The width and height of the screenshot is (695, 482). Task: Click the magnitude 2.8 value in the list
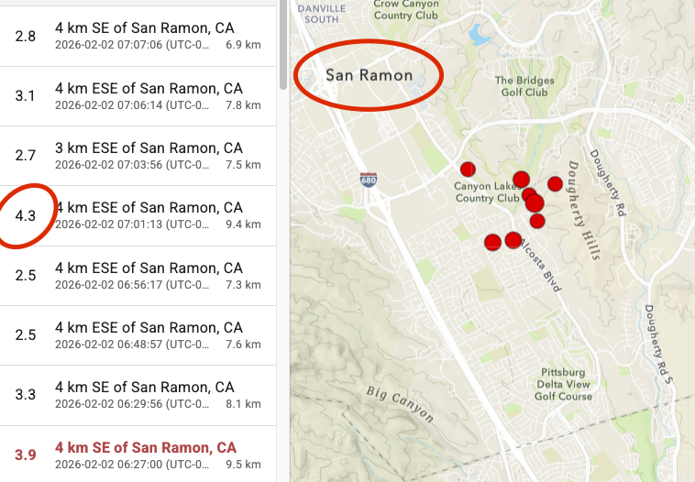(x=26, y=36)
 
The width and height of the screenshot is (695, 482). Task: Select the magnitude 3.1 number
(x=26, y=96)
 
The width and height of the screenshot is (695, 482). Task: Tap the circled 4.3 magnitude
(x=26, y=216)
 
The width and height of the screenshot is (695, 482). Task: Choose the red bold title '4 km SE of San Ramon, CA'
(x=146, y=447)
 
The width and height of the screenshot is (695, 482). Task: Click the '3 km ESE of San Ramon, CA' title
(x=149, y=148)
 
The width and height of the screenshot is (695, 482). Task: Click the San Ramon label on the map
(x=369, y=75)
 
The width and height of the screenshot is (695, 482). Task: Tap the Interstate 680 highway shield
(x=368, y=180)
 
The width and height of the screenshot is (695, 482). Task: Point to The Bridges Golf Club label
(x=524, y=86)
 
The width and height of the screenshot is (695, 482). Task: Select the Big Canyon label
(x=400, y=404)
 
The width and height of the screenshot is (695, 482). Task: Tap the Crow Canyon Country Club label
(x=406, y=10)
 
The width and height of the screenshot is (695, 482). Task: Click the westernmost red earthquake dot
(x=468, y=169)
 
